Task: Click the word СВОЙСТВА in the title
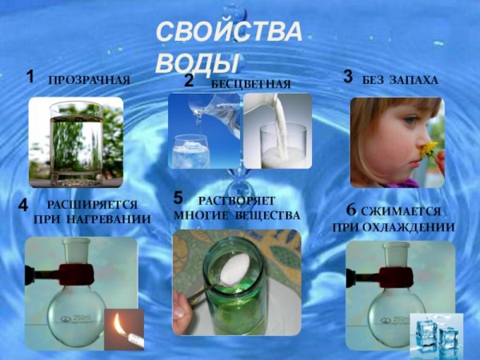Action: pos(228,34)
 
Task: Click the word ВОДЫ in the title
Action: pos(197,62)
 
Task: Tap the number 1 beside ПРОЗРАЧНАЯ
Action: pos(30,78)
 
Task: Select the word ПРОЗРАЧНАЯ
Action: pos(89,81)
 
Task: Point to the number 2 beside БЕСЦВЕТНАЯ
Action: pos(189,81)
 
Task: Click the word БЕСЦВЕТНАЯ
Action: pos(250,84)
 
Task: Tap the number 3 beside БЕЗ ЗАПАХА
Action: pos(348,77)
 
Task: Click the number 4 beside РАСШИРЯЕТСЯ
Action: pos(24,206)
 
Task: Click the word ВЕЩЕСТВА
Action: pos(267,215)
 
